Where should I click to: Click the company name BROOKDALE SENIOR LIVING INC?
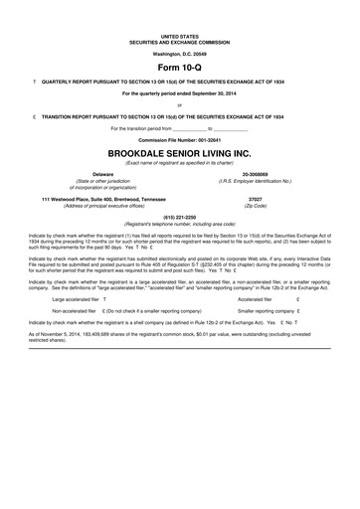179,155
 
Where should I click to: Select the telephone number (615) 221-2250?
179,217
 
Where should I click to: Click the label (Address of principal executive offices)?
90,205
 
